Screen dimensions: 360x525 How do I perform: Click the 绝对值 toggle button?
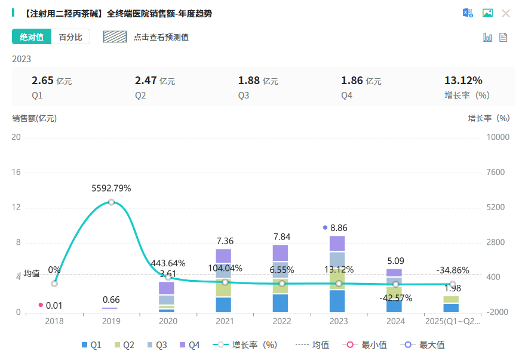[32, 37]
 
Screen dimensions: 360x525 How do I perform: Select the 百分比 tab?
[70, 37]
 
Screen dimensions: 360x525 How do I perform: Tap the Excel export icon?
[468, 13]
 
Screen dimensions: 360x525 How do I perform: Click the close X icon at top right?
[506, 13]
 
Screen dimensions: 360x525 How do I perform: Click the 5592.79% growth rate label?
[111, 188]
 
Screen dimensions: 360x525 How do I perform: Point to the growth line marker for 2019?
[111, 202]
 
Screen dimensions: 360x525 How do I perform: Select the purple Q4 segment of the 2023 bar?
[337, 243]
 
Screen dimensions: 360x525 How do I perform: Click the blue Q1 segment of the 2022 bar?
[280, 303]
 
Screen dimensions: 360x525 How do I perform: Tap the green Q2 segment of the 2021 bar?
[223, 289]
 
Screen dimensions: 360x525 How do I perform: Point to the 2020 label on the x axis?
[168, 321]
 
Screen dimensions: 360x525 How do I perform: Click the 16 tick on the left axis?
[16, 173]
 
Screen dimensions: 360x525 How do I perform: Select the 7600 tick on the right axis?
[497, 173]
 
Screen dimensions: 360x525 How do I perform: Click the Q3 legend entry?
[157, 345]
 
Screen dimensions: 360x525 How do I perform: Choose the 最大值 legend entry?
[425, 345]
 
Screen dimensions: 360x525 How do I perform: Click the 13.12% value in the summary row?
[463, 81]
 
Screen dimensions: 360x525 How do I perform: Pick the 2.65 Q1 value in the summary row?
[42, 81]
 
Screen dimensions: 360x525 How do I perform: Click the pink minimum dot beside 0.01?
[41, 305]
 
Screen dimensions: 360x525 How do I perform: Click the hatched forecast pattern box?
[115, 37]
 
